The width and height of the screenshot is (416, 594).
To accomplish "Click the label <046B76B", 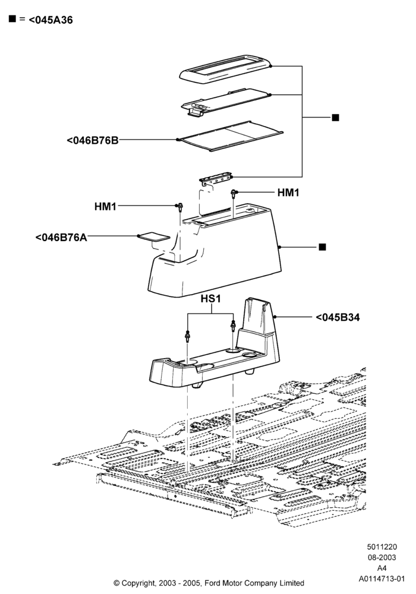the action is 93,140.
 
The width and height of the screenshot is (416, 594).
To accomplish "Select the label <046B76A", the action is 61,238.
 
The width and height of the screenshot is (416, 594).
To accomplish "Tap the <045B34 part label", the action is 338,317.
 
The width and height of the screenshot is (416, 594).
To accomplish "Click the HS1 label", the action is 210,299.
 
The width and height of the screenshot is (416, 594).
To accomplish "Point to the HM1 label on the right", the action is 288,193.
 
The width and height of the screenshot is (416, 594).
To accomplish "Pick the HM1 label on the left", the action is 105,207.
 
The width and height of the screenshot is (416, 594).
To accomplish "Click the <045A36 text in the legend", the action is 51,20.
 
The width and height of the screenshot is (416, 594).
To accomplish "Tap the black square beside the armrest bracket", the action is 335,118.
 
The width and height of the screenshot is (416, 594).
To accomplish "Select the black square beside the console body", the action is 323,247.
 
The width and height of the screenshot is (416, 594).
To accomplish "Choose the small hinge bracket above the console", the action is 216,179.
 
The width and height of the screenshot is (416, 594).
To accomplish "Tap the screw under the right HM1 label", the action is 234,194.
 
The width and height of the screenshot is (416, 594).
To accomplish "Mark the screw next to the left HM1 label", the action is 180,207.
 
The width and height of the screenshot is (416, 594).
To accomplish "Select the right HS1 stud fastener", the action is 233,326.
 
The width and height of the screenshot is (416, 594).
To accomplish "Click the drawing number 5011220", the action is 382,546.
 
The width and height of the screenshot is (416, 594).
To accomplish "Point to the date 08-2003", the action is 382,557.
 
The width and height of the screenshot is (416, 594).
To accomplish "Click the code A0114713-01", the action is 382,579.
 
